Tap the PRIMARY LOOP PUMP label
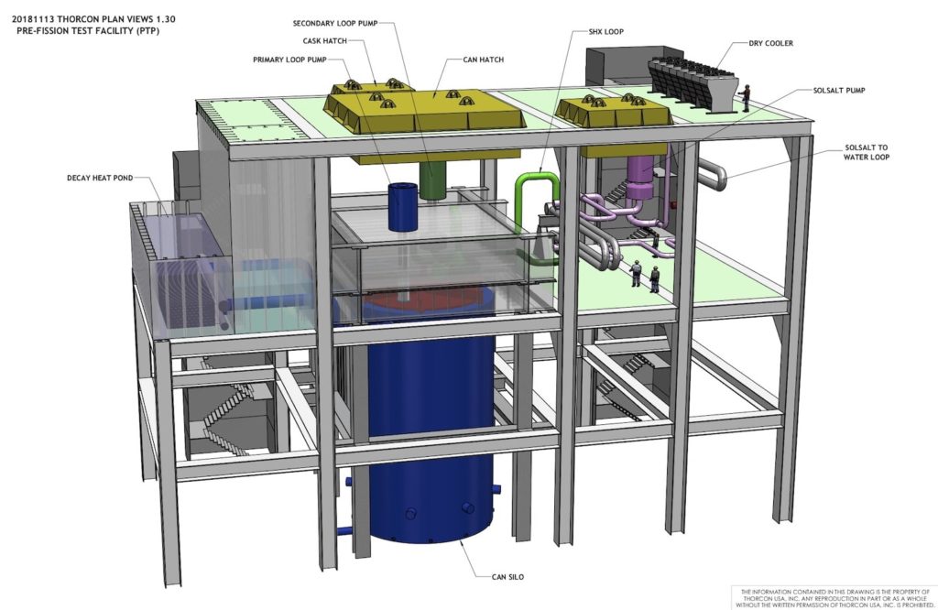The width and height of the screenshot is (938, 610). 297,60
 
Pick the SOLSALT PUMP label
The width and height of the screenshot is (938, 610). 840,92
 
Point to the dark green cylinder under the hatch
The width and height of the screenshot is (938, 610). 432,179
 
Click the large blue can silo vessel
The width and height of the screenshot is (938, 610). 431,430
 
